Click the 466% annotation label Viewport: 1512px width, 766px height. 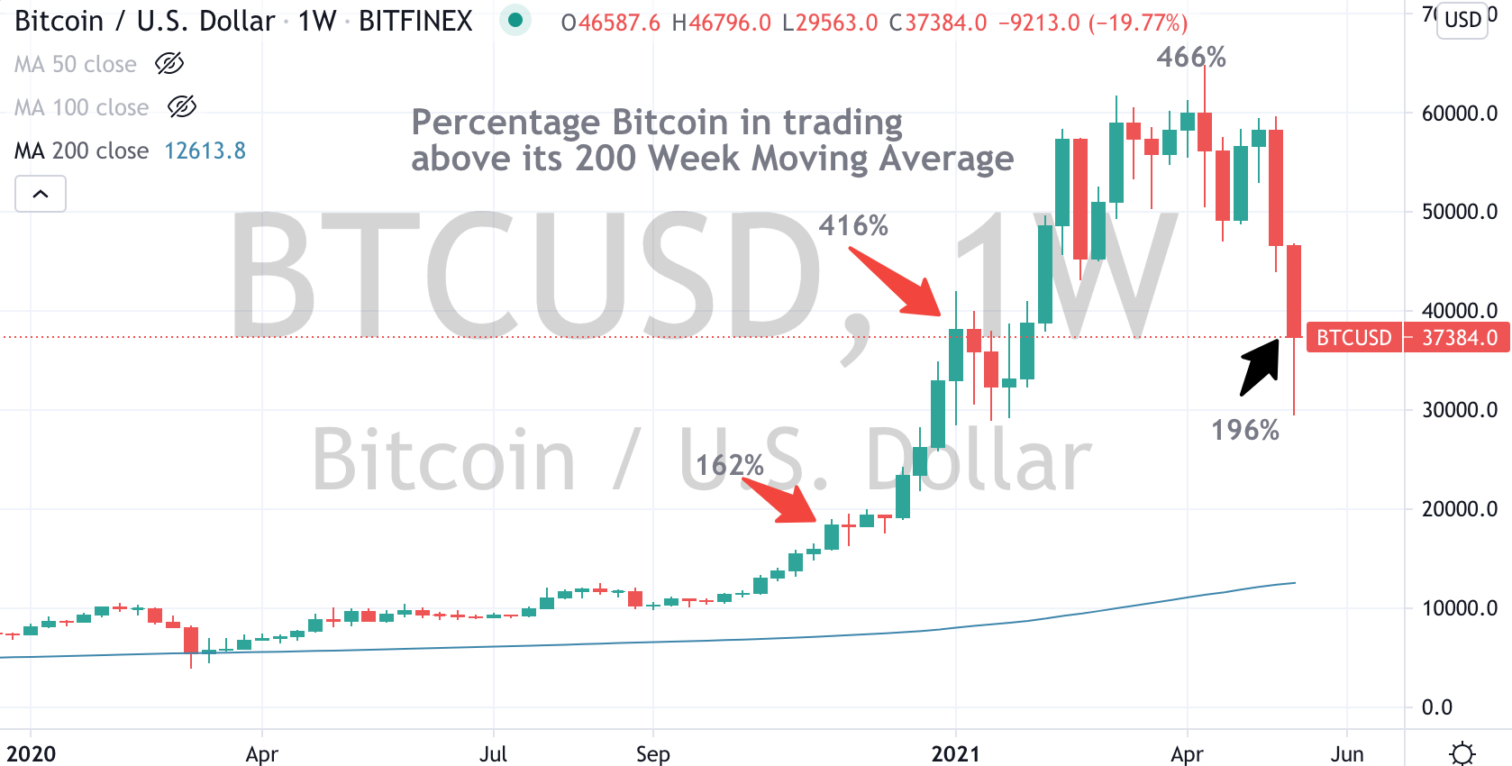click(x=1191, y=58)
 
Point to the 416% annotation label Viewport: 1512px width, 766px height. click(x=853, y=225)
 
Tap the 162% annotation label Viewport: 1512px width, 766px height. click(x=730, y=465)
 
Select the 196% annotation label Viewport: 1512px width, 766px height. click(x=1245, y=430)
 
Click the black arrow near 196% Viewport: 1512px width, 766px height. click(x=1261, y=366)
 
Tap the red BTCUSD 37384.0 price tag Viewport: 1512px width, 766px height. click(x=1407, y=337)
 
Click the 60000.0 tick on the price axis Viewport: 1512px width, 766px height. click(x=1459, y=114)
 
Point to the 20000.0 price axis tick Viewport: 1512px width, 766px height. click(x=1459, y=509)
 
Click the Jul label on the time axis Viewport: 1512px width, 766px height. click(x=493, y=753)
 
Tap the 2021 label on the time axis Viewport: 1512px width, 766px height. click(x=955, y=753)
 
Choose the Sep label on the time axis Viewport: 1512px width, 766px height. click(x=652, y=753)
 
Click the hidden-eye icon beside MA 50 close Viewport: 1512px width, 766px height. click(x=169, y=64)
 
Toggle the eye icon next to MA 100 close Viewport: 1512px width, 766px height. click(x=182, y=107)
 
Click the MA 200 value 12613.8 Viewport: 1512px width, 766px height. click(x=205, y=150)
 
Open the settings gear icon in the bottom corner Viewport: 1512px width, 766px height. click(x=1462, y=752)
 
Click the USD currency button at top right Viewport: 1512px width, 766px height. click(x=1462, y=20)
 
